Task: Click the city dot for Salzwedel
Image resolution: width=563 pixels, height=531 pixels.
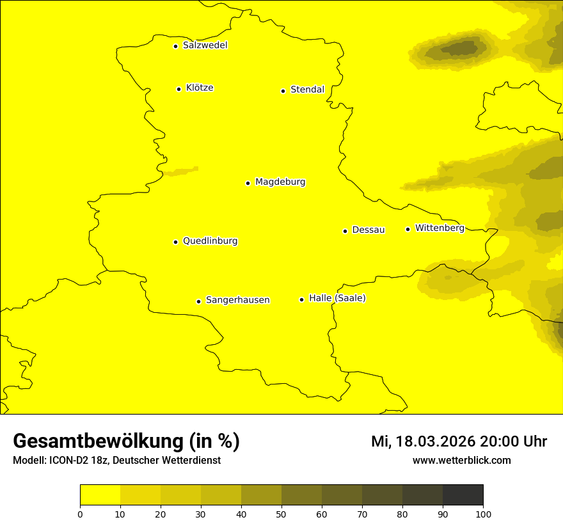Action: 175,46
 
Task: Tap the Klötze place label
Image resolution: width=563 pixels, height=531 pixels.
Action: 200,88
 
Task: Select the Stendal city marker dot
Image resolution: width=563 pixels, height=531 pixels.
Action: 283,91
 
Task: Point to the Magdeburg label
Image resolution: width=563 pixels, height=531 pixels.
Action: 280,182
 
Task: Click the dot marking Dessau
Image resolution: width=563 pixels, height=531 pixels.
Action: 345,231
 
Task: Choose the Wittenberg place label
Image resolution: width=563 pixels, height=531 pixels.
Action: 440,228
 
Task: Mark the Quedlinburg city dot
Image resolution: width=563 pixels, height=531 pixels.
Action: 175,242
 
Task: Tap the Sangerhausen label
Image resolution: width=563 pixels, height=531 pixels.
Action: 237,299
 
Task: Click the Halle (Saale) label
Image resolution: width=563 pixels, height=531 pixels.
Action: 337,298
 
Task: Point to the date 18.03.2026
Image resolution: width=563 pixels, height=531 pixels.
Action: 435,441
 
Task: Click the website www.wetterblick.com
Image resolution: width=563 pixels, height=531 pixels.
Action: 462,460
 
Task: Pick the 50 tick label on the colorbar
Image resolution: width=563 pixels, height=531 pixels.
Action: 281,514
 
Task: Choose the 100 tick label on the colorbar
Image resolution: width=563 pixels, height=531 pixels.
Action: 483,514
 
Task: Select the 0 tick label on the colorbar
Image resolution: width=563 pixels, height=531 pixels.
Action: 80,514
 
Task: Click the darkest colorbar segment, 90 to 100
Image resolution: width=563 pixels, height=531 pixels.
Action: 463,495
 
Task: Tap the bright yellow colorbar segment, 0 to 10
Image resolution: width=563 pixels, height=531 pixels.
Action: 100,495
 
